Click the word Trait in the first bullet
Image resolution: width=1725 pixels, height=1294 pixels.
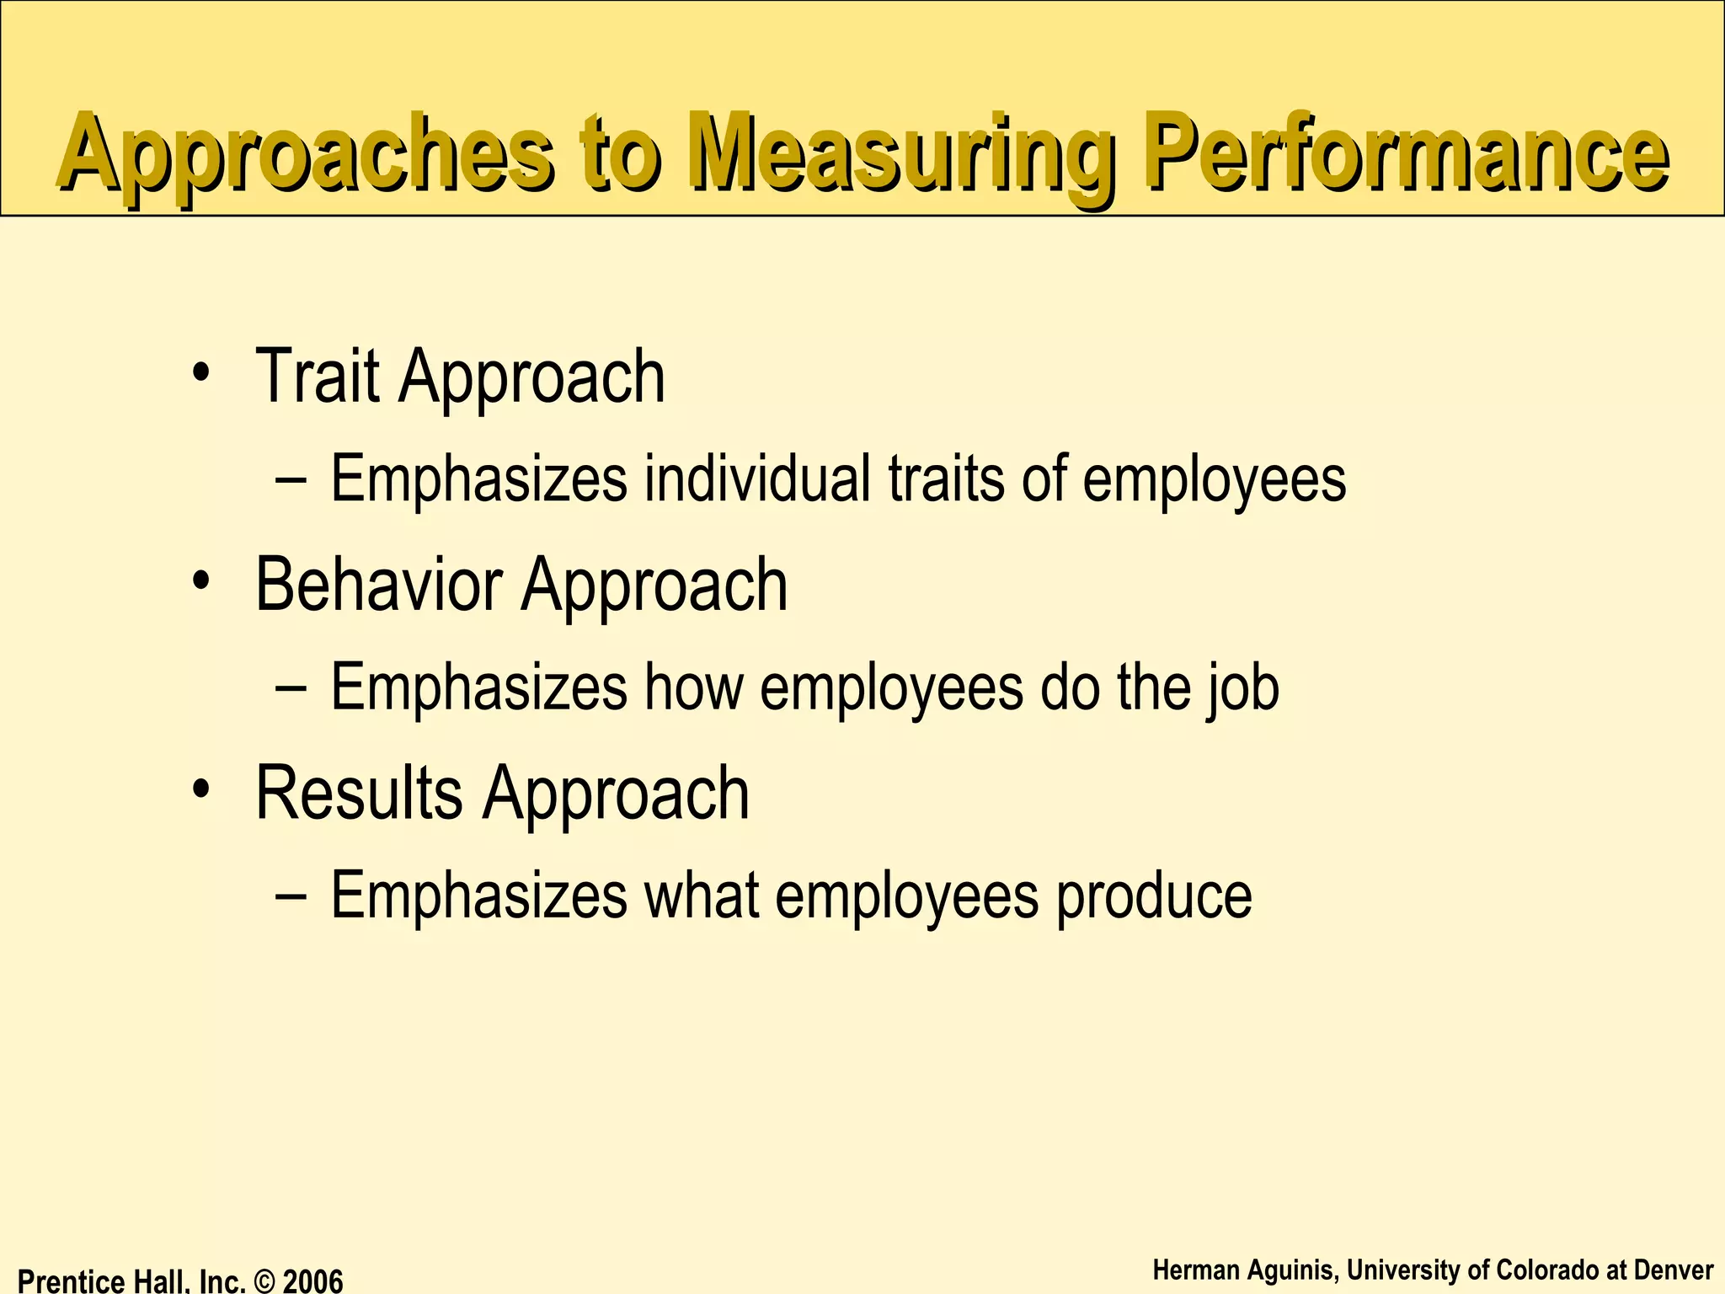(318, 377)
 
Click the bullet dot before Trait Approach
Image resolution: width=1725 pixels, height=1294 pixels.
(200, 373)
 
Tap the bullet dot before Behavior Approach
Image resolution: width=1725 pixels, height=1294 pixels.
(200, 581)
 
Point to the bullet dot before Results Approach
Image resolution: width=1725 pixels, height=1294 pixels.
(200, 789)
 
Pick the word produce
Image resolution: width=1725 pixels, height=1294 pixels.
(1154, 896)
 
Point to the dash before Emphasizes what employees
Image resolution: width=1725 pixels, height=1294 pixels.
(291, 896)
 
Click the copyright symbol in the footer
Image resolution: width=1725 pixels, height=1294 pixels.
(264, 1281)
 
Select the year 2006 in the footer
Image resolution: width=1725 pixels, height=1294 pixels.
(312, 1281)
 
